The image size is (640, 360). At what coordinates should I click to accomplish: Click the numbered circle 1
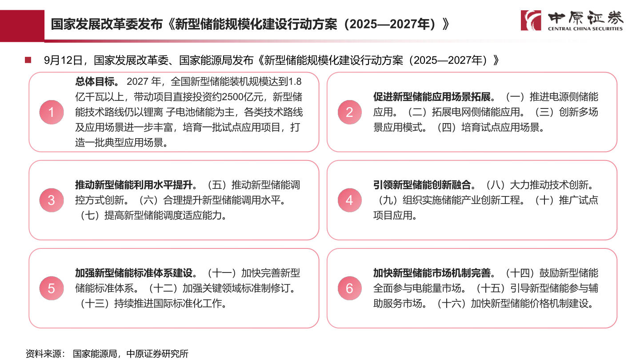[x=52, y=112]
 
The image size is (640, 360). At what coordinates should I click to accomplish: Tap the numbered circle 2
[x=350, y=112]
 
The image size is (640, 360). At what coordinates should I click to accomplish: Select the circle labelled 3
[x=52, y=200]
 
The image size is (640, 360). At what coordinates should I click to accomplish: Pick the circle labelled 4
[x=350, y=200]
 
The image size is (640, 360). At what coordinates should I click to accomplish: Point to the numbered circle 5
[x=52, y=288]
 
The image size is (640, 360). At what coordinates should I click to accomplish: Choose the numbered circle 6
[x=350, y=288]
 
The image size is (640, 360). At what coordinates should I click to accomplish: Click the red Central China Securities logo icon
[x=531, y=20]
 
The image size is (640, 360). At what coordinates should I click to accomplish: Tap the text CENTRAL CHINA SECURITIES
[x=585, y=29]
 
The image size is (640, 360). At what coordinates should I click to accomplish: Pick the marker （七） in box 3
[x=89, y=216]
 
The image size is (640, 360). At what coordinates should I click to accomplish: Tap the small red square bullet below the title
[x=28, y=60]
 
